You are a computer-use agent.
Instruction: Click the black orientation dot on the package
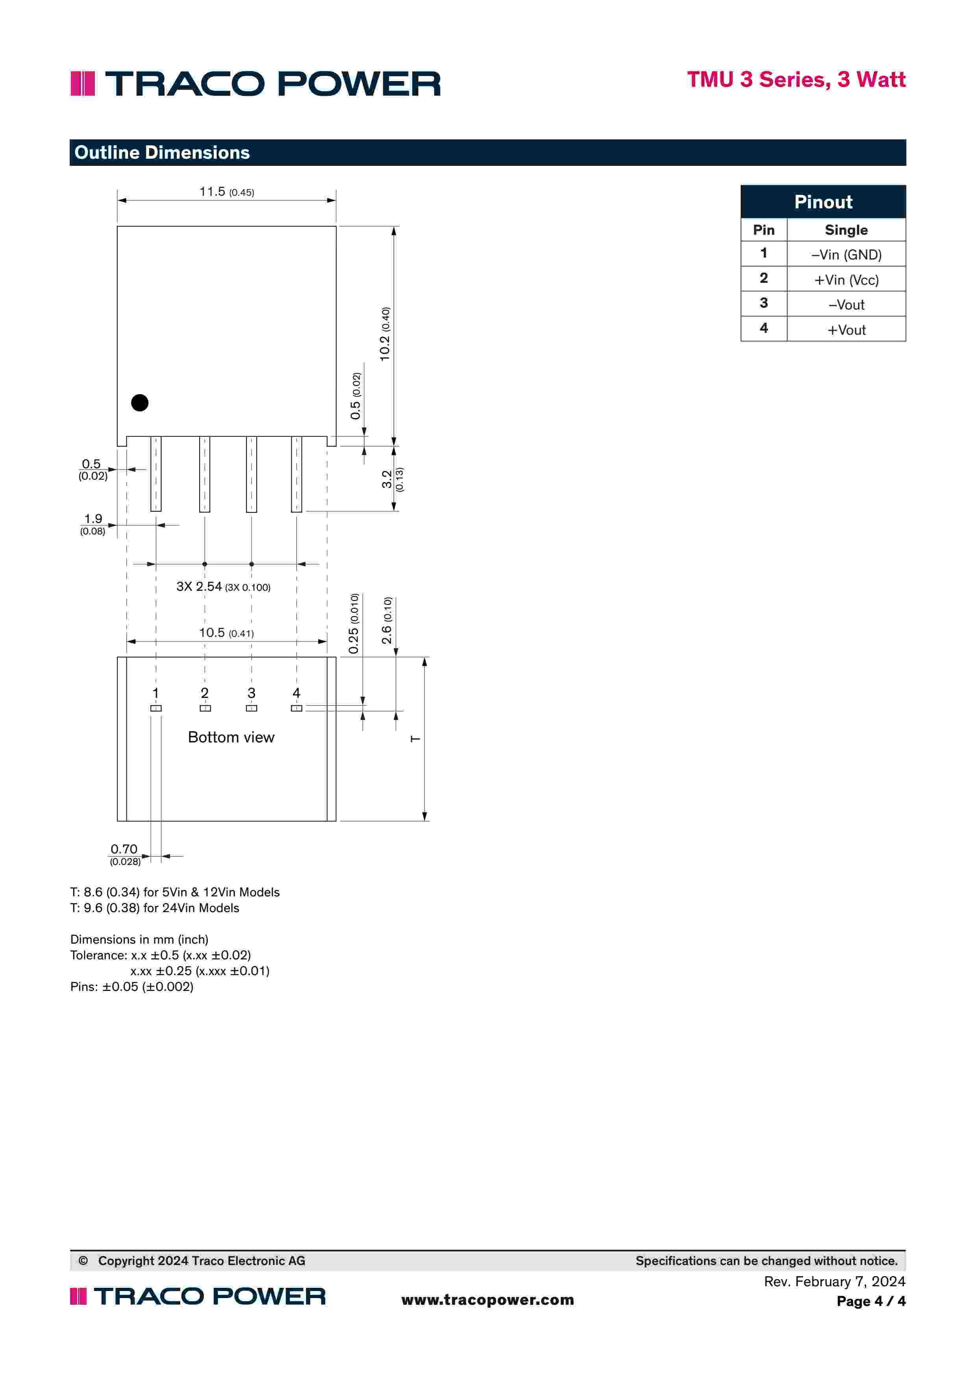(139, 403)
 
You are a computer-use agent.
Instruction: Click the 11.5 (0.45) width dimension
(226, 192)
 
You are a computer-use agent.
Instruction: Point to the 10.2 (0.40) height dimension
(385, 334)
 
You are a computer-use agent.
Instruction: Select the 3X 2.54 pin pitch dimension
(223, 587)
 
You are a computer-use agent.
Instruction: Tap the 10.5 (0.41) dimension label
(226, 633)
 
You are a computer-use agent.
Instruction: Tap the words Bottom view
(231, 738)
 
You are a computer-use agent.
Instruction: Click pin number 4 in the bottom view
(296, 693)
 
